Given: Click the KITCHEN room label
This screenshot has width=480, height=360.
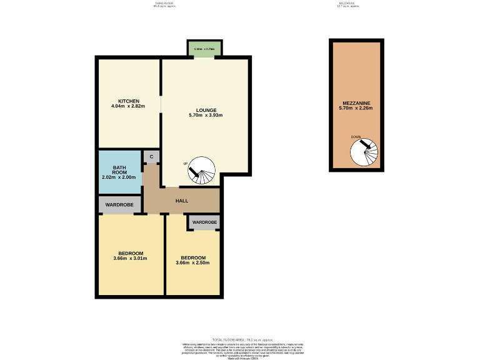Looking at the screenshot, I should pyautogui.click(x=129, y=101).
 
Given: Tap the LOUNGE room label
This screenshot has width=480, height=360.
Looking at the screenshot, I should pyautogui.click(x=206, y=109).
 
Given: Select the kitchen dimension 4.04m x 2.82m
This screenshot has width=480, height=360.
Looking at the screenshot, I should pyautogui.click(x=129, y=106).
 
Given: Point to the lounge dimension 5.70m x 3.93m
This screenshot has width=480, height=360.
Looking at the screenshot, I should pyautogui.click(x=206, y=115).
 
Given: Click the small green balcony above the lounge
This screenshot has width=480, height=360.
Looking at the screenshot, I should pyautogui.click(x=204, y=49).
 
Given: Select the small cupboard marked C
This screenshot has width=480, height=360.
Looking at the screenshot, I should pyautogui.click(x=151, y=157).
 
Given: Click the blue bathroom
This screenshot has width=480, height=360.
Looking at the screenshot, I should pyautogui.click(x=120, y=173).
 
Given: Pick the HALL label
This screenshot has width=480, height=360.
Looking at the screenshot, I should pyautogui.click(x=182, y=201).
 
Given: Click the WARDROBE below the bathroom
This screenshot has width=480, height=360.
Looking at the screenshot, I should pyautogui.click(x=120, y=205).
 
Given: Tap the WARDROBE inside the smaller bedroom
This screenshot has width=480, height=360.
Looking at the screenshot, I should pyautogui.click(x=204, y=222).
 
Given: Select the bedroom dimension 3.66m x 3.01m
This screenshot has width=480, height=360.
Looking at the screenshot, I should pyautogui.click(x=131, y=259).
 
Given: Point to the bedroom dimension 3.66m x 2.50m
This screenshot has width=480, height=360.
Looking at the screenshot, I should pyautogui.click(x=193, y=263).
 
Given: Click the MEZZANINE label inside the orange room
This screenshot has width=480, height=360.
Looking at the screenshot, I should pyautogui.click(x=357, y=102).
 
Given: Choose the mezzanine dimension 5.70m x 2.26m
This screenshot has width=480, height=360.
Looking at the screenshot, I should pyautogui.click(x=357, y=108).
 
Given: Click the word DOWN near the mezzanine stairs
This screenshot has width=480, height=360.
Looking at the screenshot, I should pyautogui.click(x=356, y=137).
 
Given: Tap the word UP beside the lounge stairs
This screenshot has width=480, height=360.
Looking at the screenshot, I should pyautogui.click(x=186, y=163).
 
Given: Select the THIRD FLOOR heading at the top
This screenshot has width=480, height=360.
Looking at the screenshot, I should pyautogui.click(x=164, y=3).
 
